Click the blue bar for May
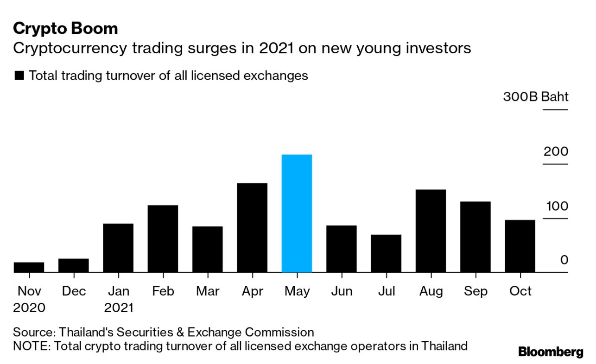coord(297,213)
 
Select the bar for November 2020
coord(29,267)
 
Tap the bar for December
coord(73,265)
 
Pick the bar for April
coord(252,228)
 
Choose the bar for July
coord(386,253)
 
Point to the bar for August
coord(431,231)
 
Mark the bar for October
coord(520,246)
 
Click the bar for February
coord(163,238)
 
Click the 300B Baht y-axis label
coord(535,97)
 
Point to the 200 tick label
coord(555,151)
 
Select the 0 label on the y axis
coord(564,260)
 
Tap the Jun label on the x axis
coord(342,291)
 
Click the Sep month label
coord(476,291)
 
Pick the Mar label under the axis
coord(208,291)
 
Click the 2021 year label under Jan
coord(118,308)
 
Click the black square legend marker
coord(19,76)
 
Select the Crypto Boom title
coord(65,29)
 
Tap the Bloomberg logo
coord(551,352)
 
